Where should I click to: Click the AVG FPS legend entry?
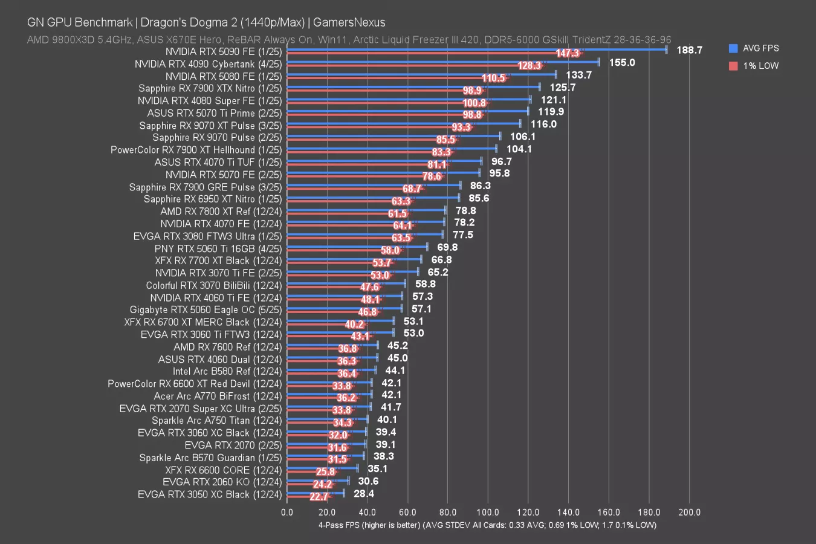click(x=760, y=48)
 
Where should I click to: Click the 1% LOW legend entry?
click(x=760, y=66)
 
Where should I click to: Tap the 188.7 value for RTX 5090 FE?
click(x=689, y=50)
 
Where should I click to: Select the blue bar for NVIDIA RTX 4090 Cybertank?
click(x=441, y=62)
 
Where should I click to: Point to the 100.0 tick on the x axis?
click(x=488, y=512)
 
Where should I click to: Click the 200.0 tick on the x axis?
click(x=689, y=512)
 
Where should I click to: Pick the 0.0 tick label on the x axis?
click(x=287, y=512)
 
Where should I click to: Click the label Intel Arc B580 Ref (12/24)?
click(x=227, y=371)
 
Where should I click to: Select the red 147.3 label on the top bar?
click(x=567, y=53)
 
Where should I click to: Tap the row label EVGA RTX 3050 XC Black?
click(x=210, y=494)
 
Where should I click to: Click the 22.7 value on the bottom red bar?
click(x=319, y=497)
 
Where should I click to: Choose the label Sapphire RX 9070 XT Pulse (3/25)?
click(x=210, y=125)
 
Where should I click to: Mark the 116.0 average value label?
click(x=543, y=124)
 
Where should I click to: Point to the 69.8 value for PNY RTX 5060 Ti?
click(x=447, y=247)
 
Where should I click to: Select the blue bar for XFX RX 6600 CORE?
click(x=322, y=468)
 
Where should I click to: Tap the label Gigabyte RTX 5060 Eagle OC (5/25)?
click(x=206, y=309)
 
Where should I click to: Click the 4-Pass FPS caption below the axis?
click(x=487, y=525)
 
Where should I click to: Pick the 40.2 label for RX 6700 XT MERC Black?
click(x=354, y=325)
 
